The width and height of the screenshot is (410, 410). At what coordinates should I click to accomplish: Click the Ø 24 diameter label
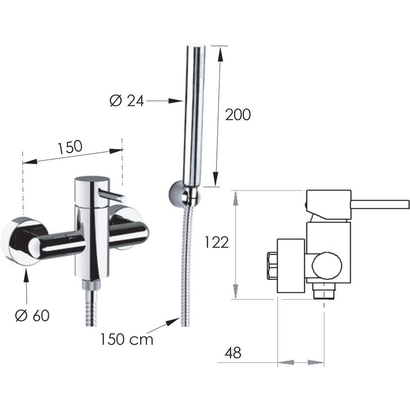(x=127, y=100)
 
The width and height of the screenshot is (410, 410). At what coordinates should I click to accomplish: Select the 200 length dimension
(x=238, y=115)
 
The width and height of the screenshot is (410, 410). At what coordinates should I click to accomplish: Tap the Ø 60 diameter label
(x=32, y=316)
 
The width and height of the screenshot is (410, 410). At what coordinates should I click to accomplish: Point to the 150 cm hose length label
(x=127, y=339)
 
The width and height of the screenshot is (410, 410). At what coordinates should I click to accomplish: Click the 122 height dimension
(x=216, y=242)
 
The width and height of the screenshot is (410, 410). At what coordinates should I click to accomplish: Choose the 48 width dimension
(x=233, y=353)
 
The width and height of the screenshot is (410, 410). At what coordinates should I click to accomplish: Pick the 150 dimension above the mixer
(x=70, y=147)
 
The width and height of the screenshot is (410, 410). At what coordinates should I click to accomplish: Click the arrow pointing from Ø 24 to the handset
(x=165, y=101)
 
